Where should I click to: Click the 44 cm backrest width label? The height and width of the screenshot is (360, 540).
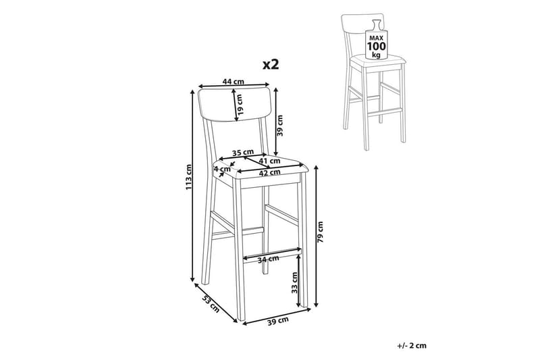click(x=233, y=82)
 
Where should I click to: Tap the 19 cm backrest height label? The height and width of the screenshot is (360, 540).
click(x=240, y=105)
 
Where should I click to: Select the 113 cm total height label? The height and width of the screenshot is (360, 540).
click(x=189, y=178)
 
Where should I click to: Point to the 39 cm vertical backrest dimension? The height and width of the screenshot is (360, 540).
click(x=280, y=126)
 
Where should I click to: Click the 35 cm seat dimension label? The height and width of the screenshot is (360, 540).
click(x=242, y=152)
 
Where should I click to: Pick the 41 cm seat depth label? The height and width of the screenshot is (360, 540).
click(x=269, y=161)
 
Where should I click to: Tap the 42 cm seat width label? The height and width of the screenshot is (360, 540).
click(x=269, y=172)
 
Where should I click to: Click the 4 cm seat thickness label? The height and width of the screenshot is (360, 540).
click(x=222, y=169)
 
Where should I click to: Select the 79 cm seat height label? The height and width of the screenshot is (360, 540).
click(x=321, y=232)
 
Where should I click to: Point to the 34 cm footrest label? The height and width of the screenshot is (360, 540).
click(x=268, y=259)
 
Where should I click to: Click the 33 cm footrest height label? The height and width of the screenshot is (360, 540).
click(x=294, y=282)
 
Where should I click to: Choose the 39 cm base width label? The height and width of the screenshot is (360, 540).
click(x=278, y=320)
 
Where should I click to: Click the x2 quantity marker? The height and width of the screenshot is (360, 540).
click(x=271, y=64)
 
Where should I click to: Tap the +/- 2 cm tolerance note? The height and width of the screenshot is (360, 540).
click(x=411, y=346)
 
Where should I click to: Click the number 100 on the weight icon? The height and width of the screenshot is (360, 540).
click(x=377, y=46)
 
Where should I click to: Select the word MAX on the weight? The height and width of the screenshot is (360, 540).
click(x=377, y=37)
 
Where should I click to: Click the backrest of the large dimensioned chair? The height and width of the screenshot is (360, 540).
click(x=235, y=106)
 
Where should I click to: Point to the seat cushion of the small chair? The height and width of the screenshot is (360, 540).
click(x=378, y=62)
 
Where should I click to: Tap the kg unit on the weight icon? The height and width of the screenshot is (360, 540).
click(x=377, y=55)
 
